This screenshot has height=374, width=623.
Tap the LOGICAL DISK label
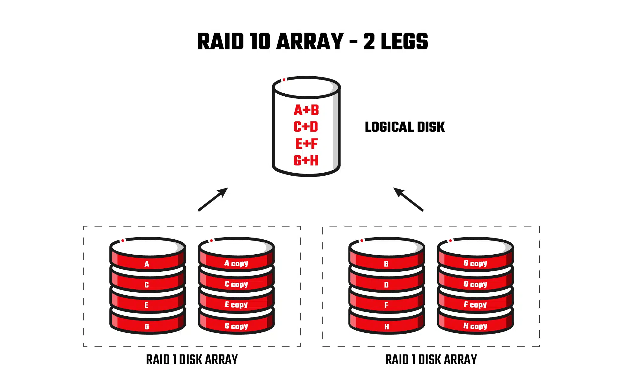[x=405, y=127]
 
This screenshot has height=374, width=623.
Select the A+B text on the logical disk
[x=306, y=110]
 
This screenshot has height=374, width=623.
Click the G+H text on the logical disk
[x=306, y=160]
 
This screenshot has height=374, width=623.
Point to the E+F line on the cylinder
[x=306, y=144]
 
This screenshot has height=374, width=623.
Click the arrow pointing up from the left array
[x=213, y=199]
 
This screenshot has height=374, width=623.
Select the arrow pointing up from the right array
[x=408, y=199]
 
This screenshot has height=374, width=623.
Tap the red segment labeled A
[x=147, y=264]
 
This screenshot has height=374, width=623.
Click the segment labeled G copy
[x=236, y=326]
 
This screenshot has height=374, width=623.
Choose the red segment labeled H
[x=386, y=326]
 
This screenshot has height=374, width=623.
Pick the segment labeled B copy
[x=475, y=263]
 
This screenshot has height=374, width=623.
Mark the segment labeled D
[x=386, y=285]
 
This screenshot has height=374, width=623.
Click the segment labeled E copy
[x=236, y=305]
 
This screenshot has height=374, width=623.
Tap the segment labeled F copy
[x=475, y=305]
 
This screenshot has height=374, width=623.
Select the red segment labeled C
[x=147, y=285]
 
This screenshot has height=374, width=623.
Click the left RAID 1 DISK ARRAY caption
[x=192, y=359]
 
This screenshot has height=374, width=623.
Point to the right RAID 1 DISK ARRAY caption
[x=431, y=359]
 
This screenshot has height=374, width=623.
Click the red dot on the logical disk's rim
[x=284, y=80]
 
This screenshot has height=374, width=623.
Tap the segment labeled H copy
[x=475, y=326]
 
